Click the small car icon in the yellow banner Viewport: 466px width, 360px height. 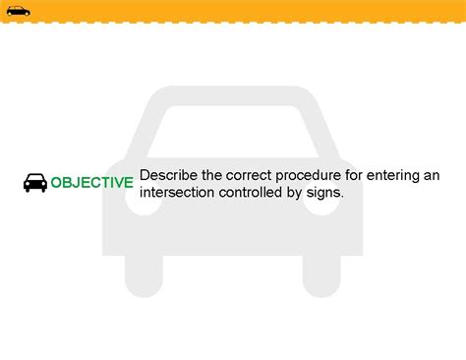(x=18, y=11)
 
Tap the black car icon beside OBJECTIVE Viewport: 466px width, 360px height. (x=35, y=183)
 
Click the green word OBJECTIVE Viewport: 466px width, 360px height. (x=91, y=183)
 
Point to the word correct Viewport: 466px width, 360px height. (x=246, y=175)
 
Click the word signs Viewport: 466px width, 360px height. (x=327, y=193)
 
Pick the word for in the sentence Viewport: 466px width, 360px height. (x=351, y=175)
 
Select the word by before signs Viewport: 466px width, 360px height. (x=300, y=193)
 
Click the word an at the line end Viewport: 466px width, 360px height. (x=431, y=175)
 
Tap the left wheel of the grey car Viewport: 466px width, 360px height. (x=144, y=275)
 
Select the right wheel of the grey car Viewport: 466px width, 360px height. (x=322, y=275)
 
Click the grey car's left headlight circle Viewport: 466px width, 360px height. (x=134, y=205)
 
